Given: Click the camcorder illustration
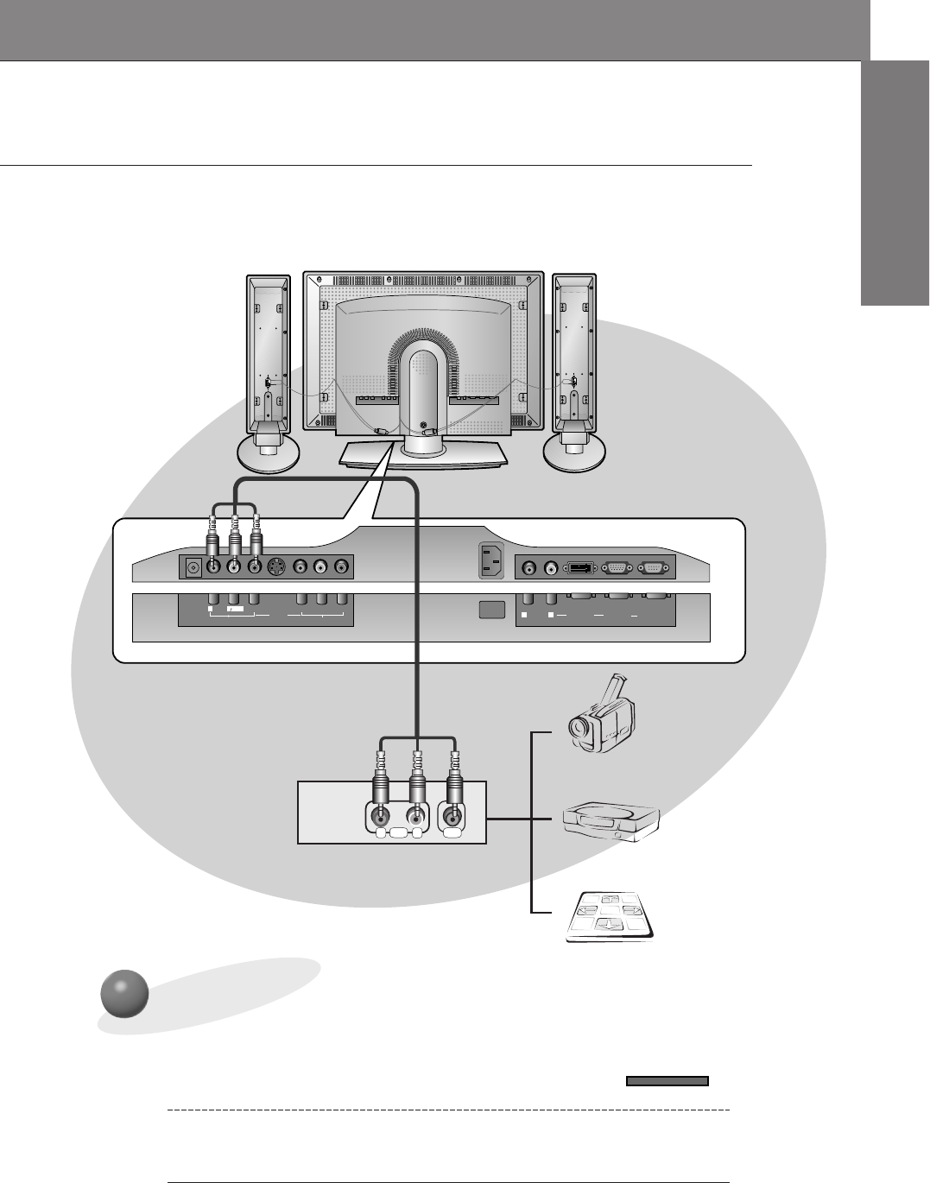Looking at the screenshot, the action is pyautogui.click(x=602, y=716).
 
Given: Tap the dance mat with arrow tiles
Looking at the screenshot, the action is pyautogui.click(x=609, y=918).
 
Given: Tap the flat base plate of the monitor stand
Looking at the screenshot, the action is pyautogui.click(x=423, y=455).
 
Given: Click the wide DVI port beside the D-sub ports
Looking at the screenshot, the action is pyautogui.click(x=580, y=567).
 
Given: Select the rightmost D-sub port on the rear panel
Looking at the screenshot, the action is pyautogui.click(x=652, y=567).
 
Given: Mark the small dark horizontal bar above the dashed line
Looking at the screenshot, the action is pyautogui.click(x=667, y=1080).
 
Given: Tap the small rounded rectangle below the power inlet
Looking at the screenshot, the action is pyautogui.click(x=490, y=609).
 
